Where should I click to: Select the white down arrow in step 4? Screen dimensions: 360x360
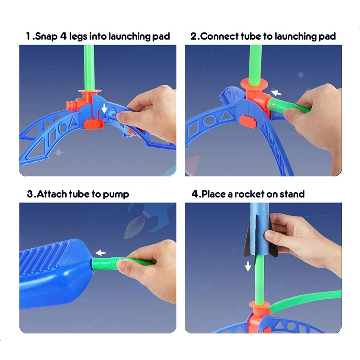tap(247, 266)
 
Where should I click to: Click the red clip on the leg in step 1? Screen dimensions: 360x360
tap(92, 124)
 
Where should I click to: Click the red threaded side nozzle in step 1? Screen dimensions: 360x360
tap(71, 105)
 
